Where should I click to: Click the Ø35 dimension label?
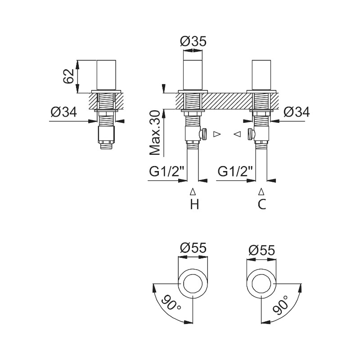pos(193,41)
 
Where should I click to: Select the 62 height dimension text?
pos(68,76)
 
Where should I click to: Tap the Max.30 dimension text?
pos(154,133)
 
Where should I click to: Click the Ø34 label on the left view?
pos(63,112)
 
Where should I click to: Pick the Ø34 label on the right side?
pos(297,112)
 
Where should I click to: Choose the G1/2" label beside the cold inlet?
pos(235,171)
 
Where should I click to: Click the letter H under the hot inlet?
pos(194,204)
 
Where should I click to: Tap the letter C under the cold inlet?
pos(262,204)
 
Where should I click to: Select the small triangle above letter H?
pos(193,191)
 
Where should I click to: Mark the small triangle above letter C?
pos(261,191)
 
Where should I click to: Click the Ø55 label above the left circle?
pos(193,248)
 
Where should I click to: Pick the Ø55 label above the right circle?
pos(261,251)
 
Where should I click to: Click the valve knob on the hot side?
pos(203,134)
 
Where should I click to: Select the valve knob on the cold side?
pos(251,134)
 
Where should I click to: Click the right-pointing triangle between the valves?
pos(217,134)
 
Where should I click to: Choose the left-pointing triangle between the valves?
pos(238,134)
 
